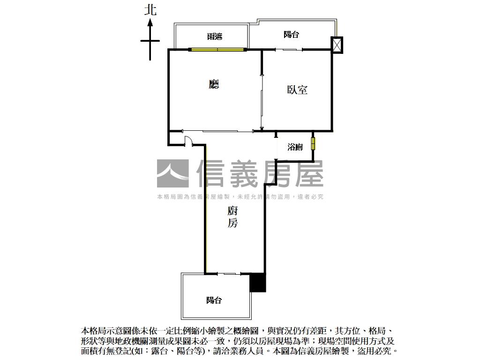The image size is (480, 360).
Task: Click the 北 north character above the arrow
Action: coord(150,10)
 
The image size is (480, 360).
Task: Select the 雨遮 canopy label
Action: coord(215,37)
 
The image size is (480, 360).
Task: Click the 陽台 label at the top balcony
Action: coord(292,34)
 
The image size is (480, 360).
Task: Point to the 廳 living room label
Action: coord(214,84)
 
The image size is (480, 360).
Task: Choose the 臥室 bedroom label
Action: coord(297,89)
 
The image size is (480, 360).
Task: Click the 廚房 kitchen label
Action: coord(232,217)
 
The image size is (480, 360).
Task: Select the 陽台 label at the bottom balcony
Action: coord(214,300)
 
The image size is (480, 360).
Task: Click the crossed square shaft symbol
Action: coord(337,45)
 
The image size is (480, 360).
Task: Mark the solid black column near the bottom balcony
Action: coord(258,283)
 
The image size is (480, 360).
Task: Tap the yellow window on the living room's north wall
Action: coord(217,49)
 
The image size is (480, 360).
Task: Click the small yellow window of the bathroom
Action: coord(313,143)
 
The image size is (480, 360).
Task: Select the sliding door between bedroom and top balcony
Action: coord(289,49)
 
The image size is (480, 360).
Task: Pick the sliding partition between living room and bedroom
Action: coord(262,100)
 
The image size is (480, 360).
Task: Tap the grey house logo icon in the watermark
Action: coord(172,173)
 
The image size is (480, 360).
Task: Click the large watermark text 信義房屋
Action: coord(260,173)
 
